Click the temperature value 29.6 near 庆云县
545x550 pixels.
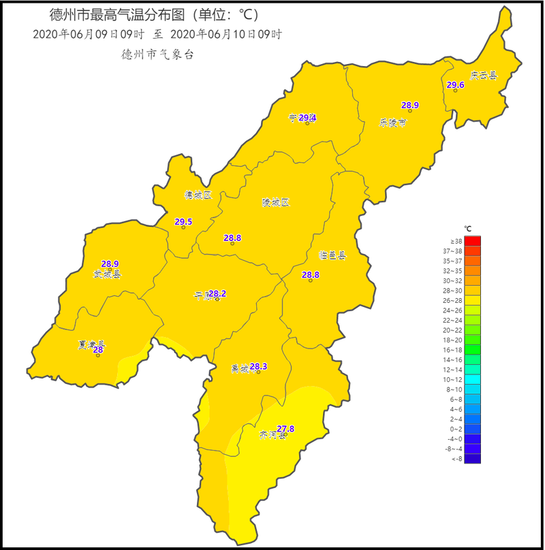pyautogui.click(x=455, y=85)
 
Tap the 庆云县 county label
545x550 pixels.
pyautogui.click(x=484, y=76)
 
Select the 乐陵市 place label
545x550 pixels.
pyautogui.click(x=392, y=123)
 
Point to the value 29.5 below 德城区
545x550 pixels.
pyautogui.click(x=183, y=222)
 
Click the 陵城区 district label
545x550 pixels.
pyautogui.click(x=276, y=203)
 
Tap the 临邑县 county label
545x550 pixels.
pyautogui.click(x=332, y=255)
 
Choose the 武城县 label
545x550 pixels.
pyautogui.click(x=107, y=274)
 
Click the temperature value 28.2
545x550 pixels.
pyautogui.click(x=217, y=294)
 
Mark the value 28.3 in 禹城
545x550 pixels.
pyautogui.click(x=258, y=367)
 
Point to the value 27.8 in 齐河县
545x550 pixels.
pyautogui.click(x=285, y=429)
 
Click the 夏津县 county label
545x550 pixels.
pyautogui.click(x=91, y=344)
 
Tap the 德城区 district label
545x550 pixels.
pyautogui.click(x=198, y=195)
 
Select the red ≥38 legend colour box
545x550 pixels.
pyautogui.click(x=473, y=241)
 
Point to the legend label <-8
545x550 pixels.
pyautogui.click(x=457, y=459)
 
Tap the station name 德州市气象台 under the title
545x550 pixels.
pyautogui.click(x=157, y=55)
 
